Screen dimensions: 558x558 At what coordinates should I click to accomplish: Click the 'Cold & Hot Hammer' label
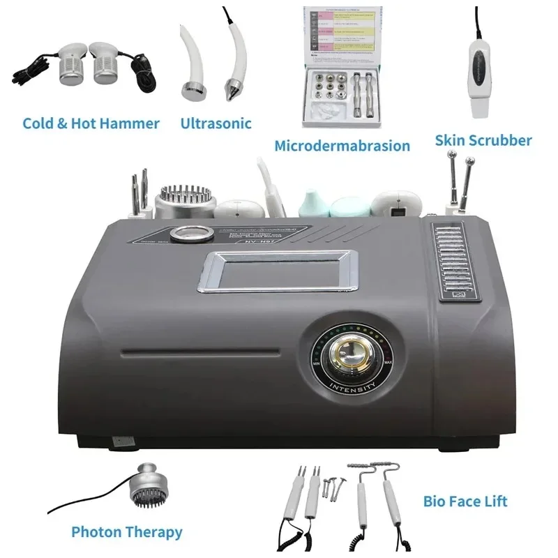point(91,123)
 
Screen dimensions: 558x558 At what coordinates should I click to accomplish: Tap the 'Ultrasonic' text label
point(216,123)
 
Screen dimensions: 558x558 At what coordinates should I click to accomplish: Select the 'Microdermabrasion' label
point(342,146)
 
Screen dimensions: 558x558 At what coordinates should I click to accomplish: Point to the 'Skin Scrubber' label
point(483,140)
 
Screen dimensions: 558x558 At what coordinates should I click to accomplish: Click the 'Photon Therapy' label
point(126,532)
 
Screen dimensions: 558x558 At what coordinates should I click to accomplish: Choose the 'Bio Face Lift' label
point(465,501)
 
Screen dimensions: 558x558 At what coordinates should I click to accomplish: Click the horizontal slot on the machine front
point(199,351)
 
